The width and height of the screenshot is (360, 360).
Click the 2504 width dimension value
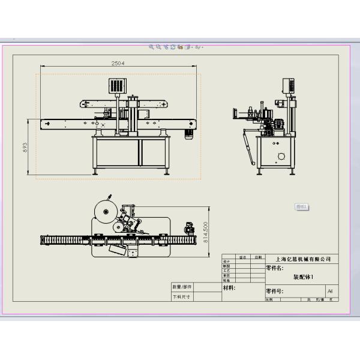tap(118, 62)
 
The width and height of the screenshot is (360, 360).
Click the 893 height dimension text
tap(25, 148)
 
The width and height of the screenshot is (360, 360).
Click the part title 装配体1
tap(302, 277)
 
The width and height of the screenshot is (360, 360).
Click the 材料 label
tap(229, 289)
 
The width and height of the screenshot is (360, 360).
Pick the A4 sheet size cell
tap(329, 291)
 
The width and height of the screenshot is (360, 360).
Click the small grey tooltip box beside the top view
tap(302, 206)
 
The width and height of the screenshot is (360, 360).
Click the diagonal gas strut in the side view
tap(247, 146)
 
